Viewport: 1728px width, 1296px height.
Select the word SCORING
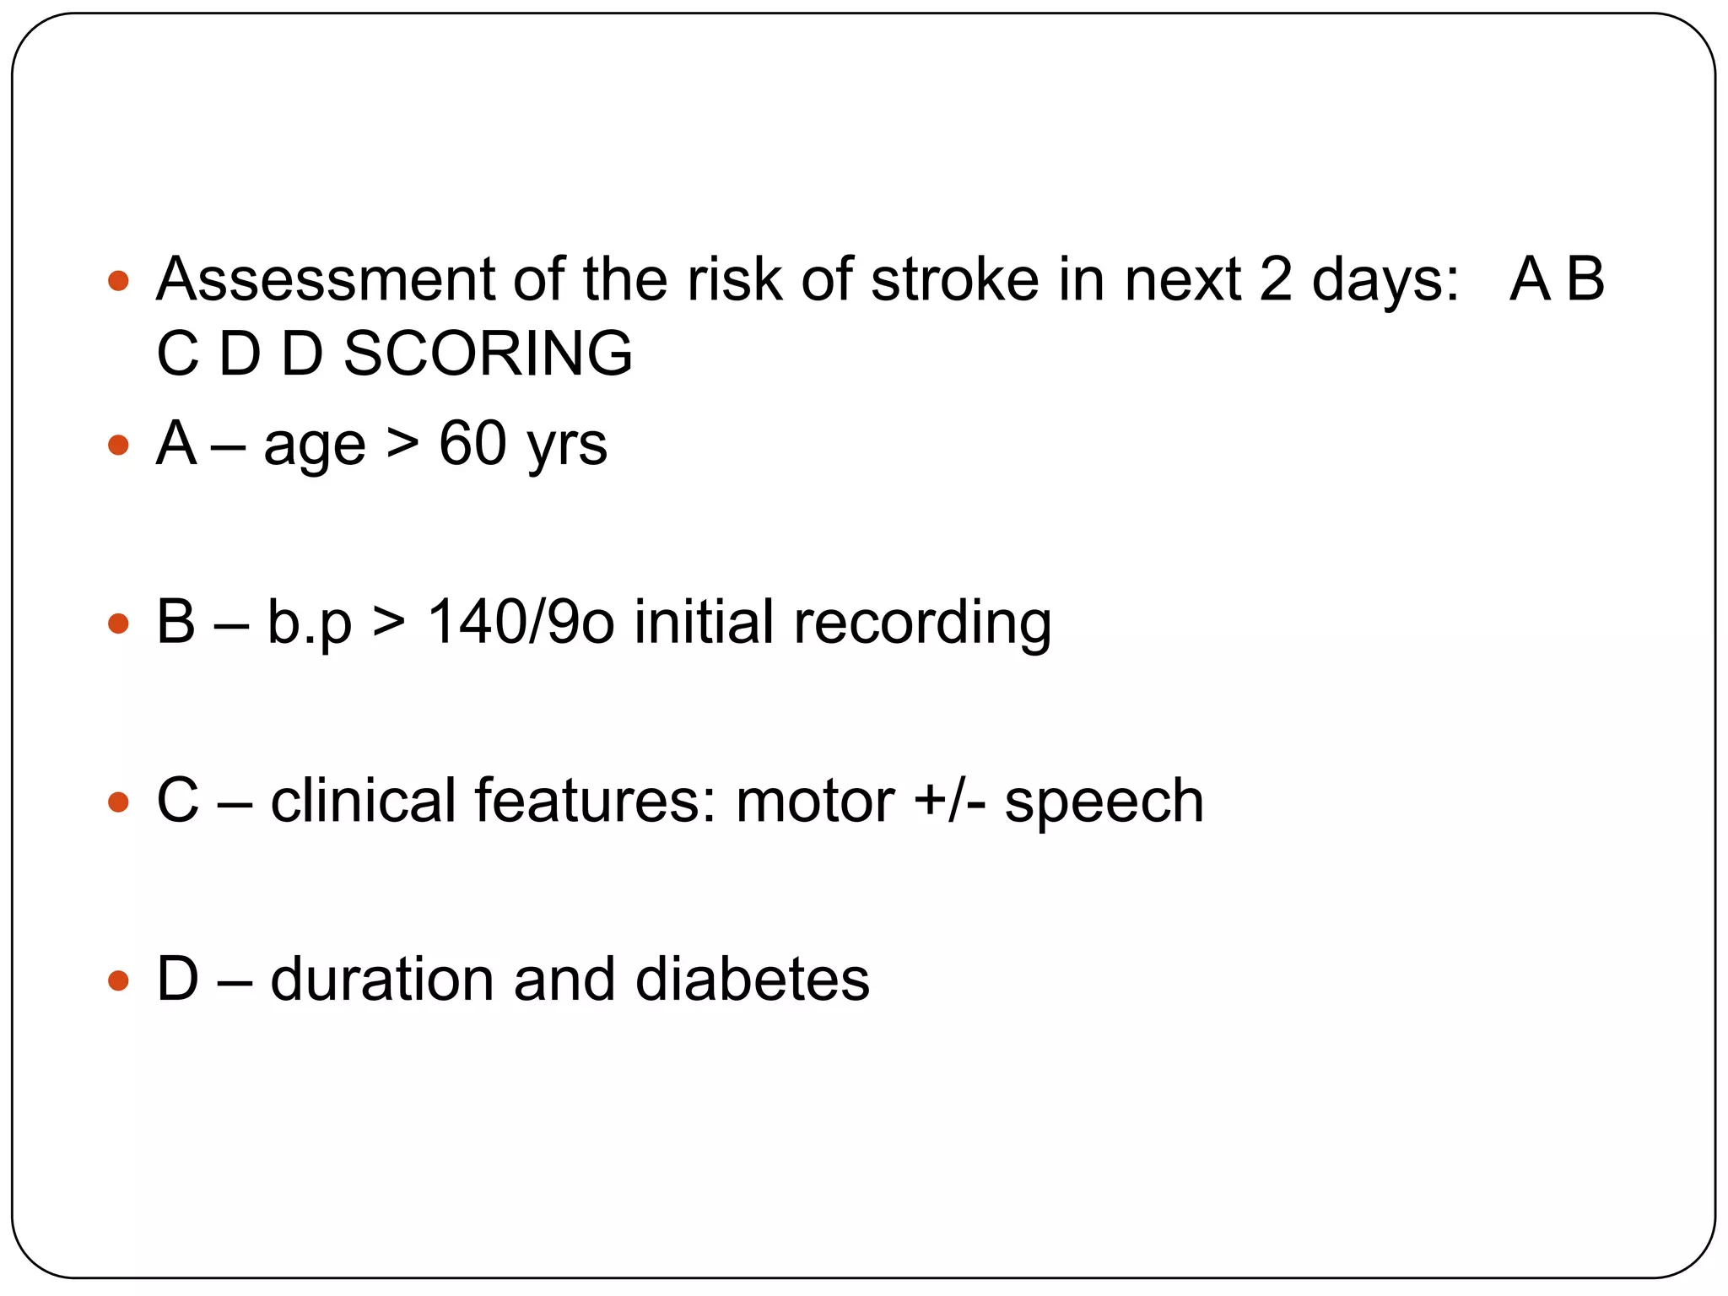pos(488,354)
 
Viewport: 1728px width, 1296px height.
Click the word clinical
pos(364,801)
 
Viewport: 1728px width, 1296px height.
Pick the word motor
pos(815,802)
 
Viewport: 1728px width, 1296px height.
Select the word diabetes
pos(752,980)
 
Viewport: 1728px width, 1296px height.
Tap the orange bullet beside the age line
pos(119,445)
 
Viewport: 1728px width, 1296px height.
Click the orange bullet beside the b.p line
pos(119,624)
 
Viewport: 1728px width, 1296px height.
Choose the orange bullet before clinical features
pos(119,802)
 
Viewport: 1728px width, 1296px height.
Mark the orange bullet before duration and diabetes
pos(119,980)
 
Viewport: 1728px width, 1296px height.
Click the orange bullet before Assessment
pos(119,280)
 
